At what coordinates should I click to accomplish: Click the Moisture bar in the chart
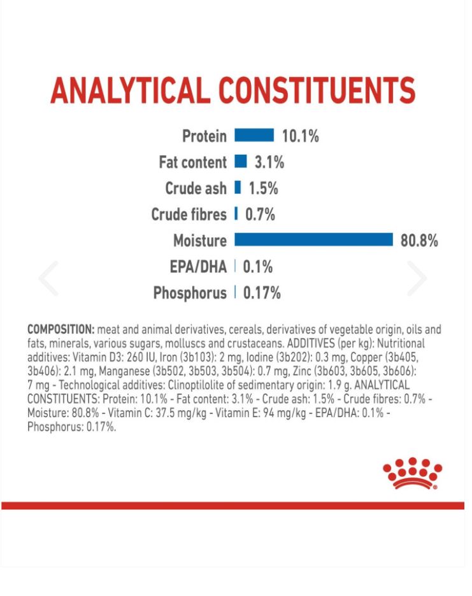(x=313, y=239)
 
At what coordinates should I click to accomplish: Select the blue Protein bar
(x=254, y=136)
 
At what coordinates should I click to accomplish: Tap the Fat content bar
(x=240, y=162)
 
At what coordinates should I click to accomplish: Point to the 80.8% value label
(x=419, y=241)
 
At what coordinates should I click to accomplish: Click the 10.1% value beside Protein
(x=300, y=136)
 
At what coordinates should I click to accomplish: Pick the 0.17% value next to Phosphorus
(x=262, y=293)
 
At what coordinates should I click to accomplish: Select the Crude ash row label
(x=196, y=188)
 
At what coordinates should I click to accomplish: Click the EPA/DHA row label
(x=198, y=267)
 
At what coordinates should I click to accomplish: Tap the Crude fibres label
(x=189, y=215)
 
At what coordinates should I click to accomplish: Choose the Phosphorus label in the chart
(x=190, y=293)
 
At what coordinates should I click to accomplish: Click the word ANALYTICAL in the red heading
(x=130, y=91)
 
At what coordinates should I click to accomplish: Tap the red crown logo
(x=412, y=473)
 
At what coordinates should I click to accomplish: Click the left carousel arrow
(x=48, y=278)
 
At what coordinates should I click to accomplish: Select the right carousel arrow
(x=417, y=278)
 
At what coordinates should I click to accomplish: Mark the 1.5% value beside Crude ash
(x=263, y=188)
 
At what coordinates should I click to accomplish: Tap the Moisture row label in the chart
(x=199, y=241)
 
